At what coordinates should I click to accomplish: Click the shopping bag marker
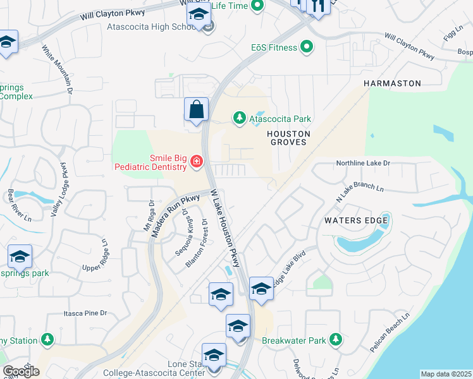[196, 109]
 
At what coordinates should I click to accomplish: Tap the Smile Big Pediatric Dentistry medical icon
[196, 163]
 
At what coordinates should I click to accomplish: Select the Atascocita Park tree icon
[240, 117]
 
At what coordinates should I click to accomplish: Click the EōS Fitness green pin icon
[307, 47]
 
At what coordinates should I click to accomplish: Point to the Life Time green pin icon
[257, 6]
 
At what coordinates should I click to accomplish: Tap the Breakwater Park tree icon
[335, 340]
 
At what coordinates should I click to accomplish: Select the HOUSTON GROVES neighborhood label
[288, 138]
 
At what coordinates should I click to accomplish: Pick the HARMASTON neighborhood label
[391, 83]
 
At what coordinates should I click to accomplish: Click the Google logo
[21, 371]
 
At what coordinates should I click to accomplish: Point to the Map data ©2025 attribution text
[445, 374]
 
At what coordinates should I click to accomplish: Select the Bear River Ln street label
[19, 205]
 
